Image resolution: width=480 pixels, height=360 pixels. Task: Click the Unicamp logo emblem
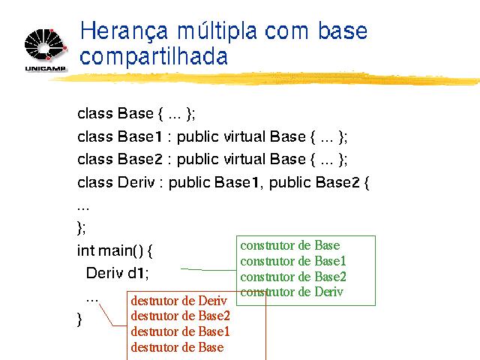46,45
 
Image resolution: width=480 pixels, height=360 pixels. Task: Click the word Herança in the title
124,31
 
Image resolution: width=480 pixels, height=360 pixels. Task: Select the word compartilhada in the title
153,56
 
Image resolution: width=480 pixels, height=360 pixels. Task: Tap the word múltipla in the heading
217,31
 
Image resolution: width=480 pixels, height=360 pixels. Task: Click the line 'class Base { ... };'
136,113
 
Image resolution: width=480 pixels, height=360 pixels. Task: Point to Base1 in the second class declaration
140,136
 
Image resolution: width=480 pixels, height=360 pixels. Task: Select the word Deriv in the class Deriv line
136,182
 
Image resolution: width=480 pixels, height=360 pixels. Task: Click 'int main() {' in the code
115,250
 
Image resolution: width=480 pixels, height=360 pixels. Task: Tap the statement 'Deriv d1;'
118,273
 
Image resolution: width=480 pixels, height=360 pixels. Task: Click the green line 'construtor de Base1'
293,261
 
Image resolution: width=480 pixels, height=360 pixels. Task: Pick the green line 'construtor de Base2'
293,277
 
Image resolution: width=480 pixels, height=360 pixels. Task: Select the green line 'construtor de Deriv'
292,292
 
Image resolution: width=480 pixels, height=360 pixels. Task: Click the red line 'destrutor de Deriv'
178,301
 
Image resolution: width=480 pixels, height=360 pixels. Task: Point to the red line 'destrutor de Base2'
180,316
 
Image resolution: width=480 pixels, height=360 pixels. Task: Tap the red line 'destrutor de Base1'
180,331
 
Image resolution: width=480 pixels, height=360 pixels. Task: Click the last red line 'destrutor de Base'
177,347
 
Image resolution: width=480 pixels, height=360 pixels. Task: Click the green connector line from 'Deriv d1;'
208,270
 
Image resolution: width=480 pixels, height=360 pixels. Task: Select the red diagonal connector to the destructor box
112,315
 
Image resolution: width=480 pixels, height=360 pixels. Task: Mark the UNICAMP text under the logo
45,68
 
